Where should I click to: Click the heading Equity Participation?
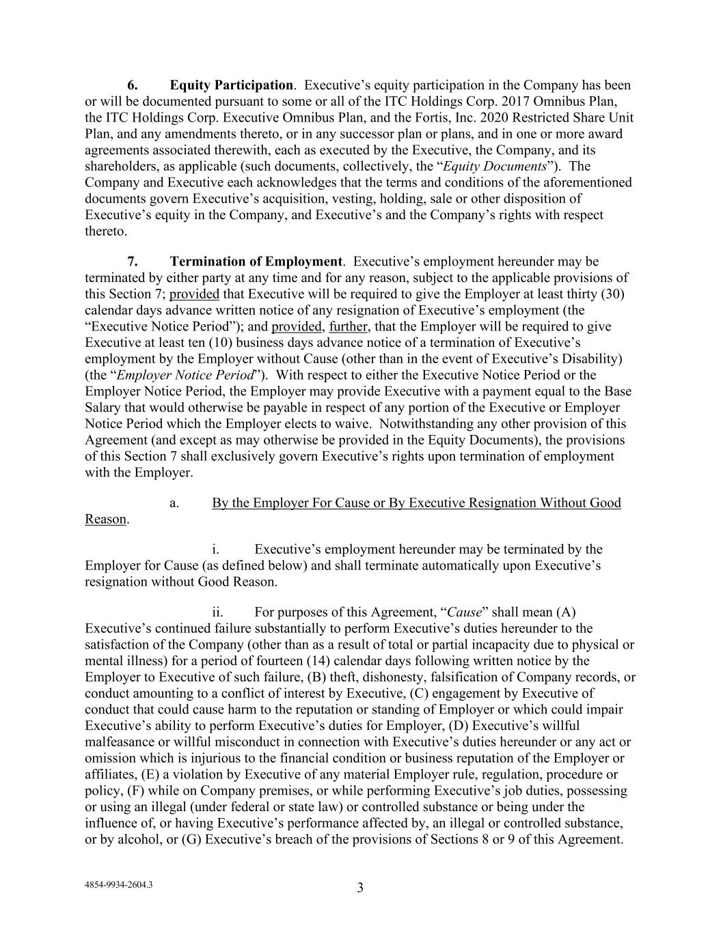tap(231, 85)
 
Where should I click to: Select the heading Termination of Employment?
tap(256, 262)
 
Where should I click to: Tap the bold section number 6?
tap(133, 85)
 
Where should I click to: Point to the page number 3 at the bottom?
tap(360, 888)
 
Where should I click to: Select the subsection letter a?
tap(174, 503)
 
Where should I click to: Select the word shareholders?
tap(118, 167)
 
